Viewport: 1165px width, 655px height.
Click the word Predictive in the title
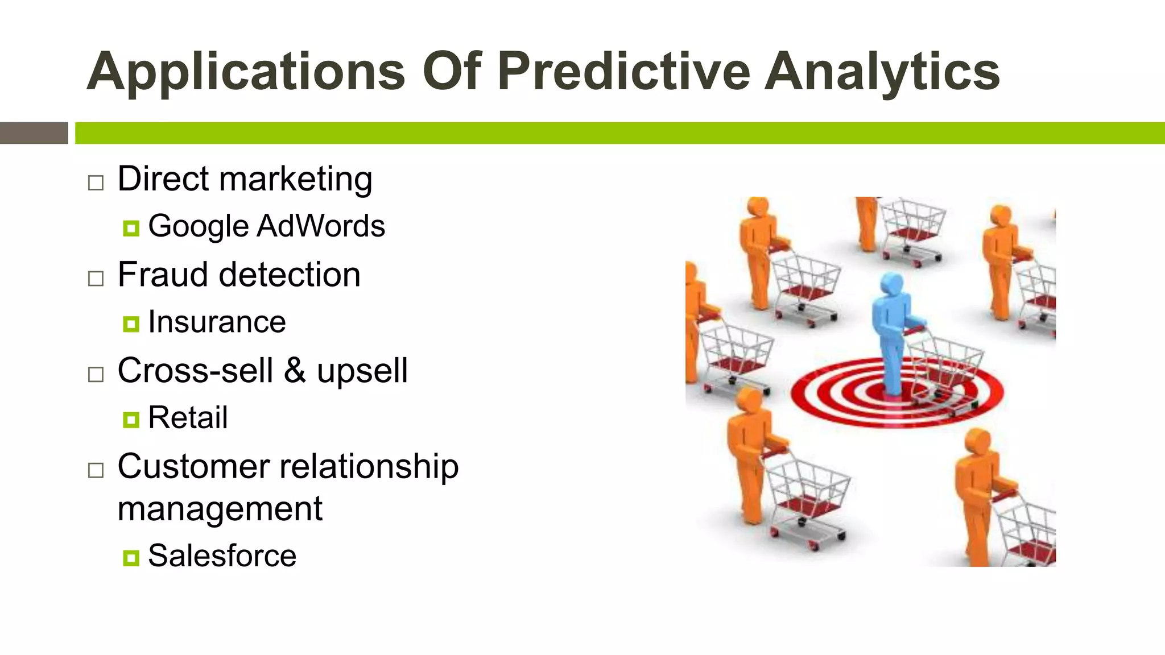[624, 72]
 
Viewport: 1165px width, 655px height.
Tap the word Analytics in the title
[882, 72]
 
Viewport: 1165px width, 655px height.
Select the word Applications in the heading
[246, 72]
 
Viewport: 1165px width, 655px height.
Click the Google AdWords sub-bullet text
[266, 226]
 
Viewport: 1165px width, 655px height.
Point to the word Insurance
[217, 322]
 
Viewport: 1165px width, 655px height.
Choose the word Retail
[188, 418]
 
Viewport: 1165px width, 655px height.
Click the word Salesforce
[222, 556]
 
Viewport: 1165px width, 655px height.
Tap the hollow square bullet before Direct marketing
[96, 183]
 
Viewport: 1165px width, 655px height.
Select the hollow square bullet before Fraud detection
[96, 279]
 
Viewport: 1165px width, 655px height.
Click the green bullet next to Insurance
[131, 325]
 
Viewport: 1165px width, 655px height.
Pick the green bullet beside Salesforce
[131, 558]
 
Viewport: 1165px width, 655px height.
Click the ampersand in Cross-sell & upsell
[295, 371]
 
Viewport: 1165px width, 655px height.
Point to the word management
[220, 508]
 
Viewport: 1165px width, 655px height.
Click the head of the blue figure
[891, 284]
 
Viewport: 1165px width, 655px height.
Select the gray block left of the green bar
[34, 133]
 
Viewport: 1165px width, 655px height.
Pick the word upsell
[362, 372]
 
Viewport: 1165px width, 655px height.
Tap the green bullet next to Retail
[131, 420]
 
